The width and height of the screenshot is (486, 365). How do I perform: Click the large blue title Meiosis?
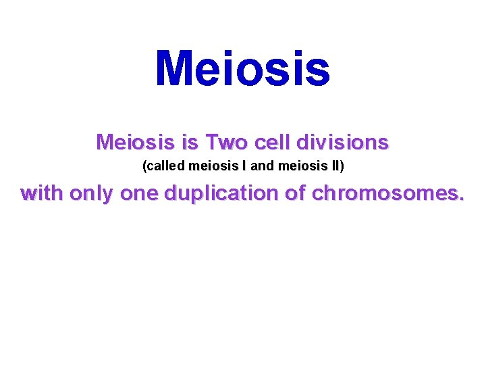[243, 69]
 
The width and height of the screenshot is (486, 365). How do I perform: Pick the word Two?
[226, 143]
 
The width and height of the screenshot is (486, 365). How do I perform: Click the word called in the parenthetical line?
[165, 166]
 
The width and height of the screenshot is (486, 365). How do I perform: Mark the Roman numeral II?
[335, 166]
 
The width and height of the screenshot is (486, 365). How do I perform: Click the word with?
[43, 193]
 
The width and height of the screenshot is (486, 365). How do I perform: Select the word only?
[92, 193]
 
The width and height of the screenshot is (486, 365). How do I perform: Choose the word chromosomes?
[387, 194]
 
